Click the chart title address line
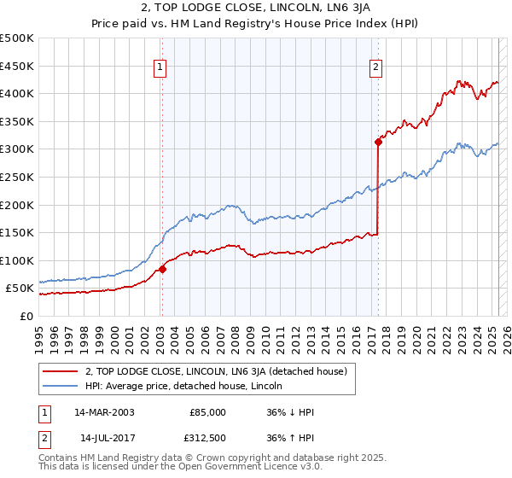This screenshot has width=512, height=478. point(256,9)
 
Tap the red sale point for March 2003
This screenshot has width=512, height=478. point(162,269)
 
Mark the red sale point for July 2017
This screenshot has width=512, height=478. point(377,143)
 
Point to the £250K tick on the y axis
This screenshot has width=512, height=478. point(18,177)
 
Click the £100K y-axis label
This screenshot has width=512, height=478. point(18,260)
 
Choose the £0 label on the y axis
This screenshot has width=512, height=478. point(25,316)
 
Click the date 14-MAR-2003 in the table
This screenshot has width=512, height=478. point(104,412)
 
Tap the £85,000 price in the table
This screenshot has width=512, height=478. point(207,412)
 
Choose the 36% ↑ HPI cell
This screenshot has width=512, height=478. point(291,438)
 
